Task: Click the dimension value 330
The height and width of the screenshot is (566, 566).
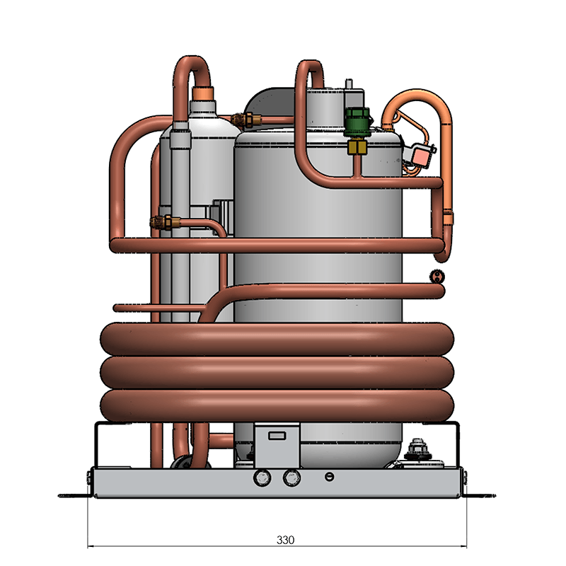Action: [285, 540]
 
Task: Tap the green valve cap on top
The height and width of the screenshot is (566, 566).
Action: [357, 122]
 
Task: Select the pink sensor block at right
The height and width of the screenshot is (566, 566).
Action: [421, 156]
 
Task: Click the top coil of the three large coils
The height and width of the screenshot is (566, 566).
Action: [277, 340]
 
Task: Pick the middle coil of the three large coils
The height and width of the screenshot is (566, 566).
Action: [277, 373]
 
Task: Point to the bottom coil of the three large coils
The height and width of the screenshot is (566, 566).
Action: [277, 405]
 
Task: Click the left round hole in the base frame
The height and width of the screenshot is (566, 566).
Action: [262, 478]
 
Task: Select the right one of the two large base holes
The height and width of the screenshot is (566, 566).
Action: [291, 478]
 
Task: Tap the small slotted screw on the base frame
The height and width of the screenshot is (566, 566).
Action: [329, 477]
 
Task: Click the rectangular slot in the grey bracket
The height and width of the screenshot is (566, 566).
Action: [277, 436]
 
